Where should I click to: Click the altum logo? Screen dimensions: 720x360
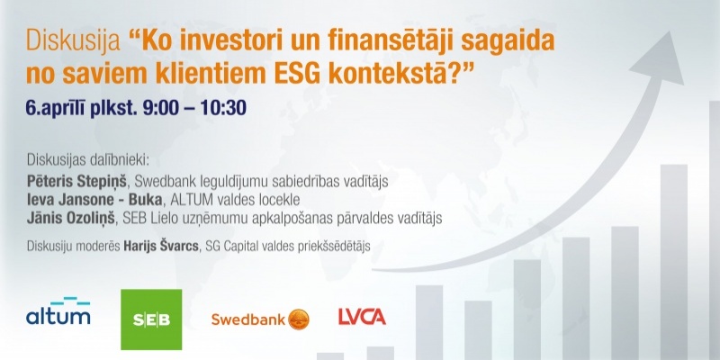[58, 310]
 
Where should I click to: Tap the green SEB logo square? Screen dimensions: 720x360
[151, 319]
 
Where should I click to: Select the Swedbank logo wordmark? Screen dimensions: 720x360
[248, 319]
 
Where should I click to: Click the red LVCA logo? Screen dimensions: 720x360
[362, 317]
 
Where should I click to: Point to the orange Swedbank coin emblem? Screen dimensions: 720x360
[299, 319]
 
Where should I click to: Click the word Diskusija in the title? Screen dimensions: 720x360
[73, 42]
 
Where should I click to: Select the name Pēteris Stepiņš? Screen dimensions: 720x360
[76, 183]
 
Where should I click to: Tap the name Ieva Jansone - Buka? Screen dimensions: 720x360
[86, 200]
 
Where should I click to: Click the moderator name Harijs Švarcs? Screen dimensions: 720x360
[161, 246]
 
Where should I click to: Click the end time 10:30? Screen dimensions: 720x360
[223, 108]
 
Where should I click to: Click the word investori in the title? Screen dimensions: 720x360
[220, 42]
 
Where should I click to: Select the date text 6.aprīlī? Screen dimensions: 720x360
[55, 108]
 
